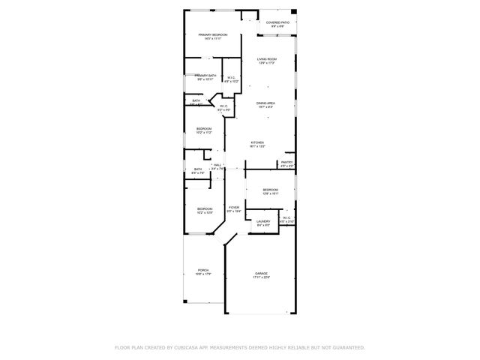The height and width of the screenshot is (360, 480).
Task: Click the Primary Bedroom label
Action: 213,35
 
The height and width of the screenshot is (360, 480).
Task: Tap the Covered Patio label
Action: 277,22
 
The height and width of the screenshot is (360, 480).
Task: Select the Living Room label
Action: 267,59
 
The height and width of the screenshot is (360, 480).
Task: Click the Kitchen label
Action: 257,142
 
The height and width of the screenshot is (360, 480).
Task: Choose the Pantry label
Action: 286,162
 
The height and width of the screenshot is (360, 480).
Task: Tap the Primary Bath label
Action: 205,76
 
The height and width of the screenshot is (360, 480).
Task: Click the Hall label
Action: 217,165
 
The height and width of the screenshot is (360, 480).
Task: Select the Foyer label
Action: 234,208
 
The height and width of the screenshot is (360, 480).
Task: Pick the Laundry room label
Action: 263,221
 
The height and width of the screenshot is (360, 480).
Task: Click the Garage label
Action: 261,274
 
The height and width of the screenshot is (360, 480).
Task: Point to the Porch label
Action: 203,270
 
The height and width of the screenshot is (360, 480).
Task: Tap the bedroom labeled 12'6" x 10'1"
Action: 270,190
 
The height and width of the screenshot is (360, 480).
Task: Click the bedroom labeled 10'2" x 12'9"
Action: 205,209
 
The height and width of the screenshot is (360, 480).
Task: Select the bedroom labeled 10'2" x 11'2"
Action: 204,129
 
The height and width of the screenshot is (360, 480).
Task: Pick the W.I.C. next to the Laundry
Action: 286,218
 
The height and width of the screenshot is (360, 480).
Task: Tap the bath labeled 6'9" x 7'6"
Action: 198,169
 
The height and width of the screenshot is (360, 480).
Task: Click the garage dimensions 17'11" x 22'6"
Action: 261,277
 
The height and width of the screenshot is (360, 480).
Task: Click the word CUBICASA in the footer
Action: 186,347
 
